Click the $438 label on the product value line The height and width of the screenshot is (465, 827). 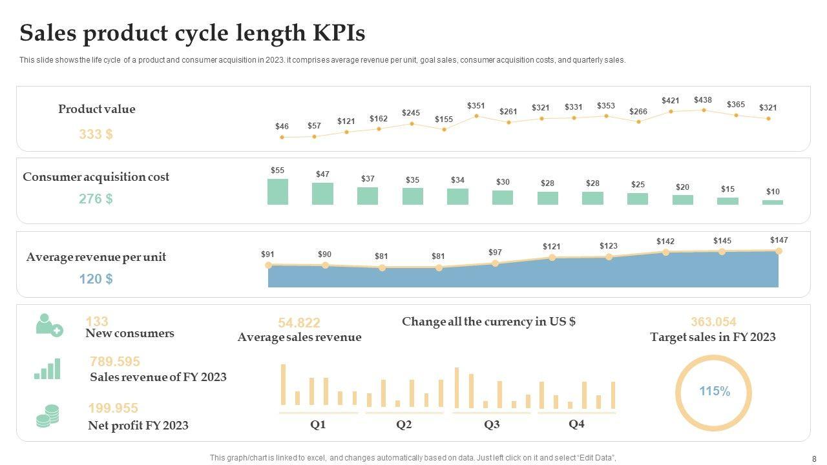[x=703, y=100]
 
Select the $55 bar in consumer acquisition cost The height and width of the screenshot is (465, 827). [x=278, y=192]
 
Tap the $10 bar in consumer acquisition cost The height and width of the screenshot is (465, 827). [x=773, y=202]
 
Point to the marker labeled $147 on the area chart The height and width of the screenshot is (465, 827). [x=779, y=251]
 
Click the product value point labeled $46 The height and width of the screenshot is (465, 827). [x=282, y=137]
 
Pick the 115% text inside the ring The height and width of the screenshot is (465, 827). [x=715, y=391]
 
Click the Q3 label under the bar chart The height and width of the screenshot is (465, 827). [x=492, y=424]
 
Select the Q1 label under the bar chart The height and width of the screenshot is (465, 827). [x=318, y=424]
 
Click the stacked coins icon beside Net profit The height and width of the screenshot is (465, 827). [x=48, y=416]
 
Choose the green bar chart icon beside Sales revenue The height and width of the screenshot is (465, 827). [x=48, y=369]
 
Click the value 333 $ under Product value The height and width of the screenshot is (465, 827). [x=96, y=134]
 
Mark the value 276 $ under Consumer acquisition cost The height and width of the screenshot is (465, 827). [x=96, y=199]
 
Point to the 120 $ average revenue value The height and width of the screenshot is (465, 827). [x=96, y=279]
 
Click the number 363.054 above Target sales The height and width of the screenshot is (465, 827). [x=713, y=322]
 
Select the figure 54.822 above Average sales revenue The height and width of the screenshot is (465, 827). [x=299, y=323]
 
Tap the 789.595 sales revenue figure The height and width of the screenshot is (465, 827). [x=115, y=362]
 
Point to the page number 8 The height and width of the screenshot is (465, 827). [x=814, y=459]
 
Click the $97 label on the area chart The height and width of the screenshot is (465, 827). [x=495, y=252]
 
